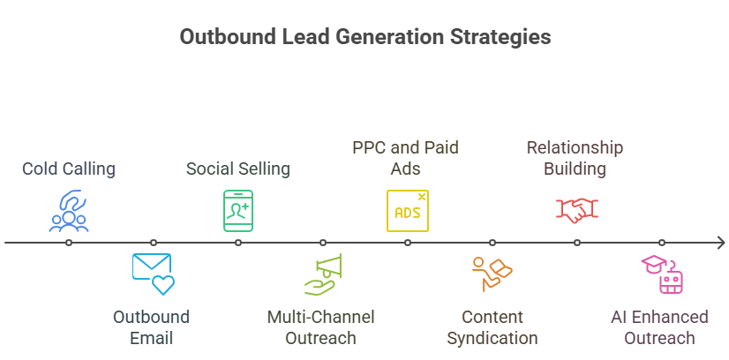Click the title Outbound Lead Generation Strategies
click(365, 37)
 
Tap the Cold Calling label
click(69, 169)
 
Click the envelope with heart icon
click(153, 274)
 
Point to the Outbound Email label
click(152, 327)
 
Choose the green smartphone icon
click(238, 210)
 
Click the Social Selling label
click(238, 169)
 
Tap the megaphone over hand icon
click(323, 274)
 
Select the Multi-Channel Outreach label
click(320, 327)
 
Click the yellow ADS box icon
click(407, 210)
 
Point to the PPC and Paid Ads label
click(405, 158)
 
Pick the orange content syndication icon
click(492, 274)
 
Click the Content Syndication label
click(492, 327)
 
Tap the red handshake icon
click(577, 210)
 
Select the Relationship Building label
click(575, 158)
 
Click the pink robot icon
click(662, 274)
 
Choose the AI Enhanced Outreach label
click(659, 327)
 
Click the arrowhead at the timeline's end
click(722, 243)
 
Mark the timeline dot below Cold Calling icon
click(69, 243)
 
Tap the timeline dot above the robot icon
click(662, 243)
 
